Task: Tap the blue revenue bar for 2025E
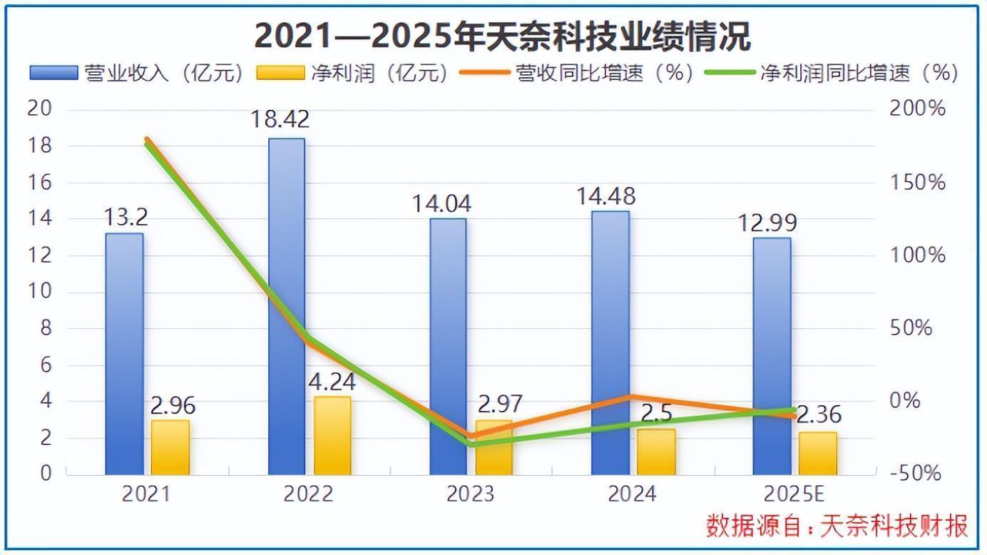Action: (x=772, y=357)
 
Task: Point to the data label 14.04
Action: (x=441, y=204)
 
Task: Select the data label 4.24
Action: (x=332, y=382)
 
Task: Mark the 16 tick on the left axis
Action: (x=41, y=183)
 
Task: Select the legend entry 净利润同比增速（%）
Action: (x=831, y=73)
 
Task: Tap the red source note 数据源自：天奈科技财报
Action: (x=837, y=526)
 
